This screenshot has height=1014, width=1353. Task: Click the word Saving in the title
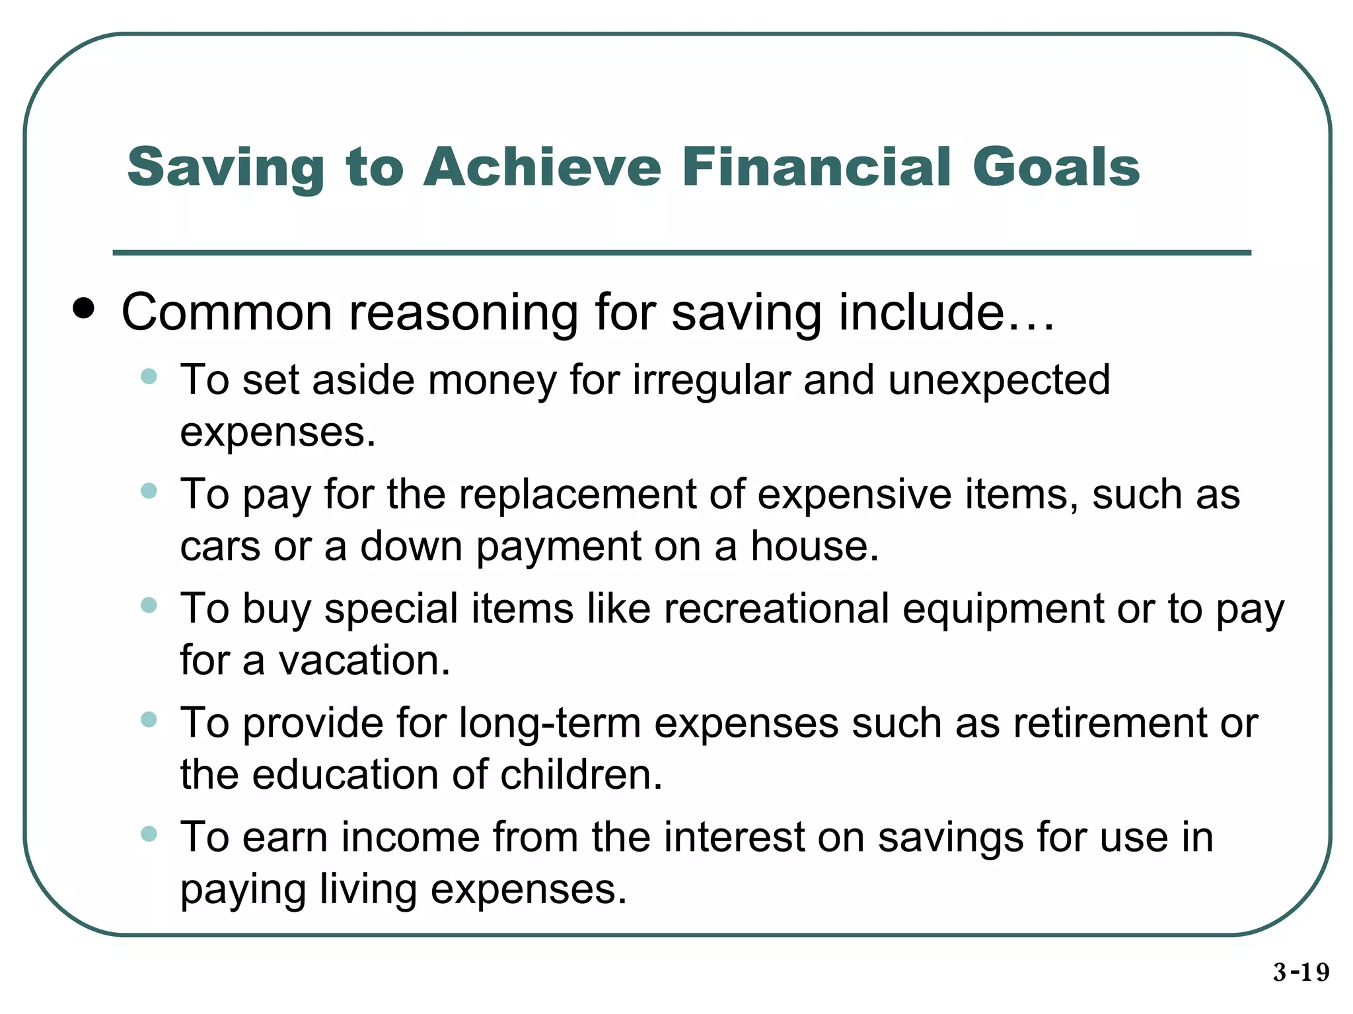[x=225, y=168]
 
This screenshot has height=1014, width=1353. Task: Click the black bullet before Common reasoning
[x=84, y=308]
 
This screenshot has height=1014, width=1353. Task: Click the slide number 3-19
[x=1301, y=972]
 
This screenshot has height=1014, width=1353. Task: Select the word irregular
[x=710, y=381]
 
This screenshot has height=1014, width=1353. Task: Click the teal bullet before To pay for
[x=149, y=491]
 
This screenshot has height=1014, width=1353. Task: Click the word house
[x=814, y=547]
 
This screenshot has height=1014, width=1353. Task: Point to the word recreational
[x=776, y=608]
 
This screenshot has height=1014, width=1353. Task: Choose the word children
[x=581, y=775]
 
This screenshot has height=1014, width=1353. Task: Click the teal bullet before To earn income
[x=149, y=834]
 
